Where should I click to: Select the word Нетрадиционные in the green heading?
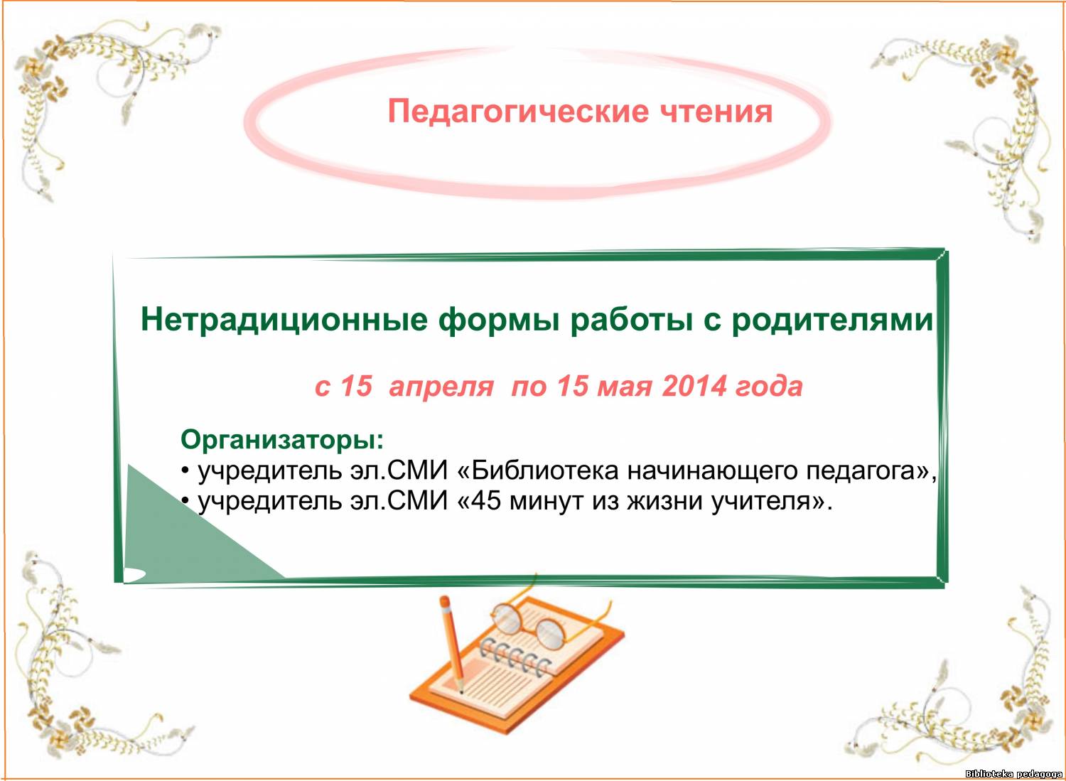point(284,320)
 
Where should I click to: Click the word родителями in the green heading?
point(832,320)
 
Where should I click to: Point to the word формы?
point(499,321)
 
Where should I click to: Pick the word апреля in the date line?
point(441,387)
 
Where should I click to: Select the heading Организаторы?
point(282,440)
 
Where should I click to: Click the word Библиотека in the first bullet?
point(546,471)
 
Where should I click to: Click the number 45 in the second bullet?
point(487,501)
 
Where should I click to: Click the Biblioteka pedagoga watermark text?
point(1014,774)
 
